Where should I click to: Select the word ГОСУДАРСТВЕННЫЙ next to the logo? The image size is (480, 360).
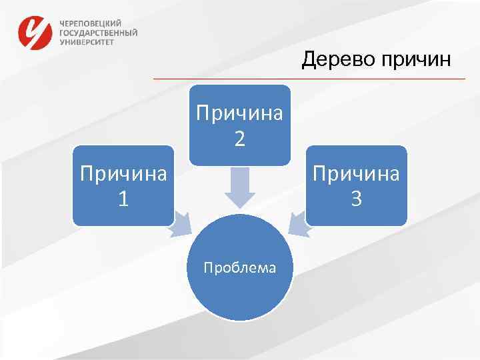point(99,32)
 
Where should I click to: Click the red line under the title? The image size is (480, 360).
point(309,79)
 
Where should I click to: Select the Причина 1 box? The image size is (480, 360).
point(123,185)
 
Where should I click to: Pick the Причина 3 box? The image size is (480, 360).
point(357,185)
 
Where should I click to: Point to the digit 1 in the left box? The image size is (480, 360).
point(123,199)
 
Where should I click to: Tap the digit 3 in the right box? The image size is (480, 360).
point(357,199)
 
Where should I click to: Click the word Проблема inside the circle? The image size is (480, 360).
point(240,268)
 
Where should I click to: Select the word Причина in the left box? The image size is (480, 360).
point(123,175)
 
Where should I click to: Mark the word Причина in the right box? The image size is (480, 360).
point(357,175)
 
